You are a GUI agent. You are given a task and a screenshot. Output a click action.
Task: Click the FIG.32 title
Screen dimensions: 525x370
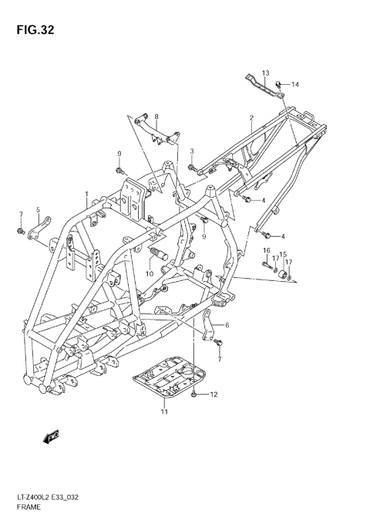coord(32,32)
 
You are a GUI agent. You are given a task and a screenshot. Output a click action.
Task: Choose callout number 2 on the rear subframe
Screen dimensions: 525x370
coord(251,118)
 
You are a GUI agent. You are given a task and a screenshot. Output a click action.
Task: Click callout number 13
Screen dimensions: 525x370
coord(264,73)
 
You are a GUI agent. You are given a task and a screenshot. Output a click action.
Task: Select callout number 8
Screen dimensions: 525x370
coord(156,117)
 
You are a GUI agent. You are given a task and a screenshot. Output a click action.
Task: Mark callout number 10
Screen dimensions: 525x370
coord(150,273)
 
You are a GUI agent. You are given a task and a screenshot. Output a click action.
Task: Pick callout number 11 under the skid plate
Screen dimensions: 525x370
coord(163,412)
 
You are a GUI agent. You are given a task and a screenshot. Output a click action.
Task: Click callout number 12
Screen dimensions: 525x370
coord(214,395)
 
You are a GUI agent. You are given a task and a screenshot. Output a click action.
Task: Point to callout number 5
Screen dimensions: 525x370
coord(37,209)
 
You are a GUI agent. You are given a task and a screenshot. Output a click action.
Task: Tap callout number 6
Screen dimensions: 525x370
coord(227,326)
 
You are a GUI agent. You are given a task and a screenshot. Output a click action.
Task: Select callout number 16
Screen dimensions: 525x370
coord(267,251)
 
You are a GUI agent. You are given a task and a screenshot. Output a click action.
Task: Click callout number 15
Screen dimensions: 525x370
coord(283,254)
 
